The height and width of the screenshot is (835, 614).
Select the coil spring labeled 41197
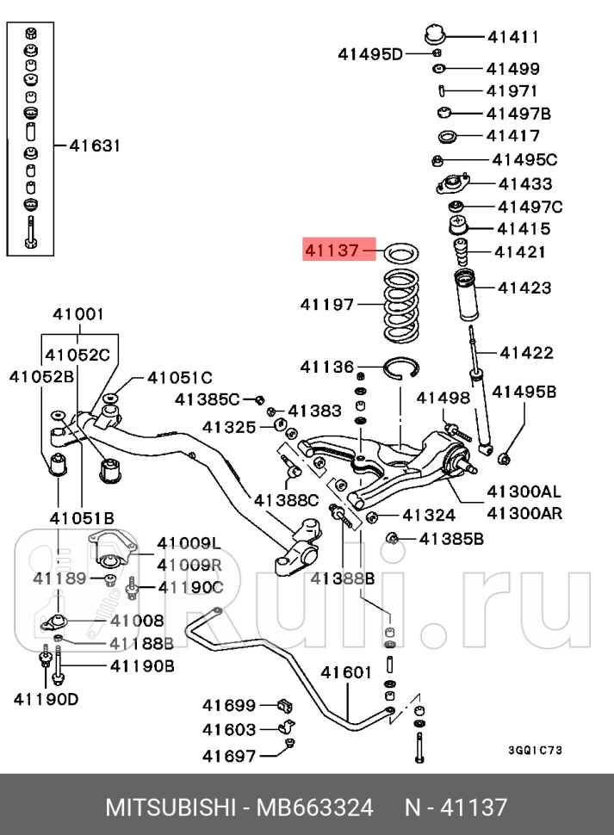point(400,305)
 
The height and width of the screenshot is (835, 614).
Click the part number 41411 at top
point(512,37)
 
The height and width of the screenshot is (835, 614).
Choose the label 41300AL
point(524,492)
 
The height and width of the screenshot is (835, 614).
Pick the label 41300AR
point(524,514)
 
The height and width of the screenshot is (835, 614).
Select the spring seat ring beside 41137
point(400,253)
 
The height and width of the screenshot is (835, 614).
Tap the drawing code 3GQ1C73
point(536,750)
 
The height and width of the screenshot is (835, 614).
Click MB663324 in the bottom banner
point(311,807)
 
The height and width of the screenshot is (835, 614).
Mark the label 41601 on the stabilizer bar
point(346,672)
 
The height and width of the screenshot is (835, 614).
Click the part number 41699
point(229,705)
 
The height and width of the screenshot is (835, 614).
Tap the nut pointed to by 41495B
point(506,455)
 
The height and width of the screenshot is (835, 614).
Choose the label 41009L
point(189,543)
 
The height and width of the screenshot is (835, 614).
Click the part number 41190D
point(46,698)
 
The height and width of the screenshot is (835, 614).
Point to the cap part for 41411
point(435,35)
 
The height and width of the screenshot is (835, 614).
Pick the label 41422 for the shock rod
point(526,352)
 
